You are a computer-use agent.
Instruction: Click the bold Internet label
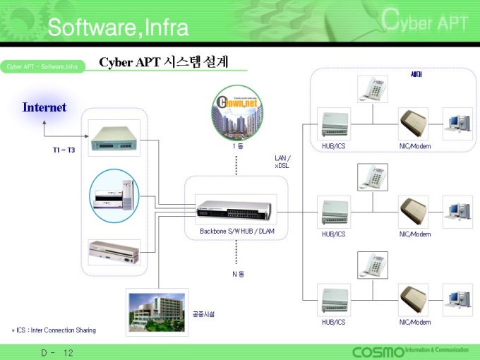(44, 107)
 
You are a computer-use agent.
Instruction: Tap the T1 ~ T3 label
(64, 150)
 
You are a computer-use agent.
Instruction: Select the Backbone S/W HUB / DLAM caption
(237, 231)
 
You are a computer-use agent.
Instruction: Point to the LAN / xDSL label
(282, 162)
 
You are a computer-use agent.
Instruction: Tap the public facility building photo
(157, 311)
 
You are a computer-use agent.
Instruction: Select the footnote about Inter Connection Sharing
(53, 330)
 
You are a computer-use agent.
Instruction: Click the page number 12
(68, 352)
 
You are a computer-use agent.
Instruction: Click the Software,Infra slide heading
(118, 28)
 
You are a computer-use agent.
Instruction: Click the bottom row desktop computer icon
(457, 299)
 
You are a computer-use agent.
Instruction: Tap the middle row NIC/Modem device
(414, 210)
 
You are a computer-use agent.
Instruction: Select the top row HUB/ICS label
(333, 146)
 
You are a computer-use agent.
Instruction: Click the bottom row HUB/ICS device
(333, 299)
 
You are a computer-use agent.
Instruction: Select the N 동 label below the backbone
(238, 274)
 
